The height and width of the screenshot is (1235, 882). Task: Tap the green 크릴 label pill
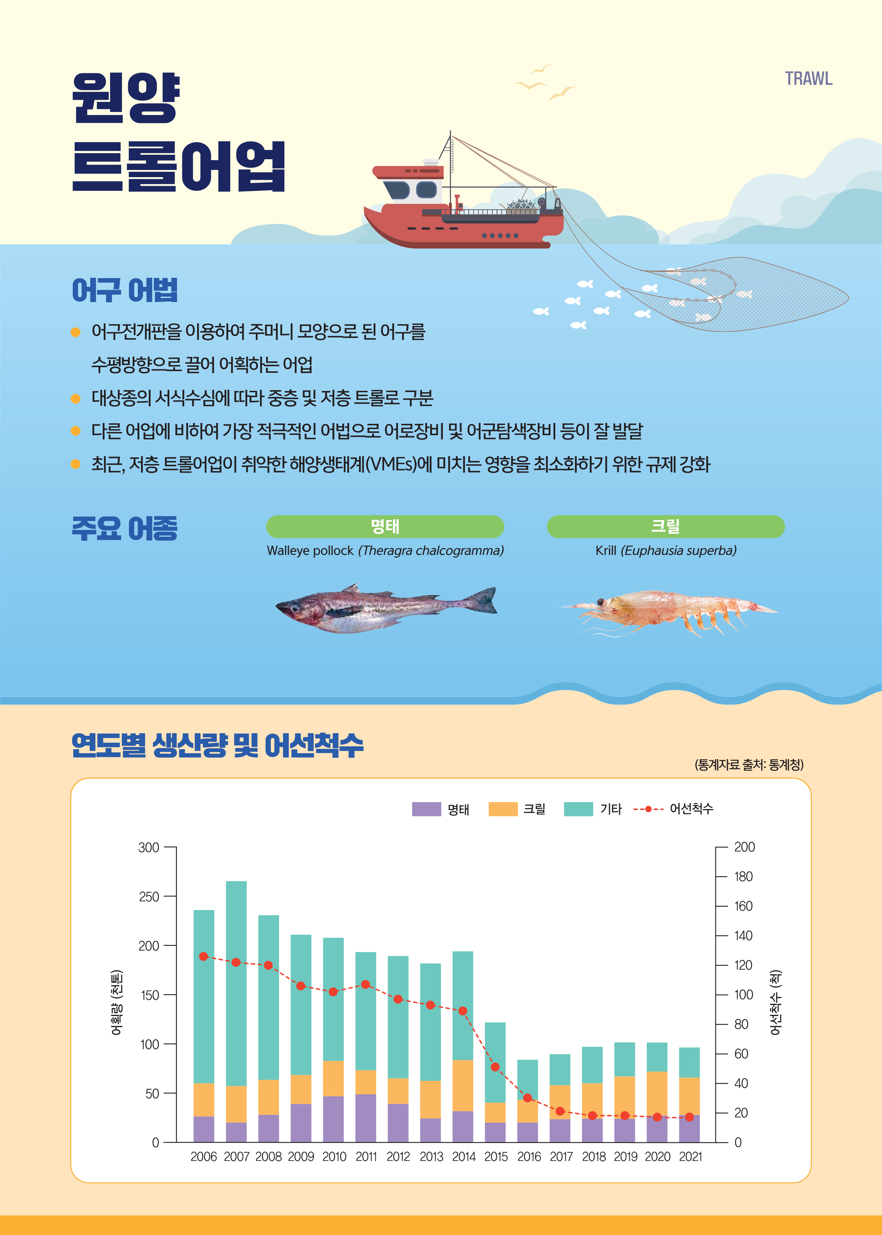[x=665, y=526]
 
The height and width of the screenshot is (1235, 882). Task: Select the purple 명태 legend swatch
[x=426, y=809]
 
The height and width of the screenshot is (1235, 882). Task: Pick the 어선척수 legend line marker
[x=648, y=809]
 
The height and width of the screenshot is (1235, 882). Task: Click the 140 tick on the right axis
[x=743, y=935]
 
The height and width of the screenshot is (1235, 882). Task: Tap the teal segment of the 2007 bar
[x=236, y=983]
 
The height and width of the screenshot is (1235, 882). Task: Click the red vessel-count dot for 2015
[x=495, y=1067]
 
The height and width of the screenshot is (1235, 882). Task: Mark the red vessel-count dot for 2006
[x=204, y=956]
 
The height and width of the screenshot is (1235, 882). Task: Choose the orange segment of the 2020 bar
[x=657, y=1093]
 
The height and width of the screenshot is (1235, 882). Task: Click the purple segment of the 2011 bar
[x=366, y=1118]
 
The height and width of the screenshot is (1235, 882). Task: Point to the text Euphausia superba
[x=679, y=550]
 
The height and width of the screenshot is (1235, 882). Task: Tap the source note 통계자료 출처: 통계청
[x=749, y=765]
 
